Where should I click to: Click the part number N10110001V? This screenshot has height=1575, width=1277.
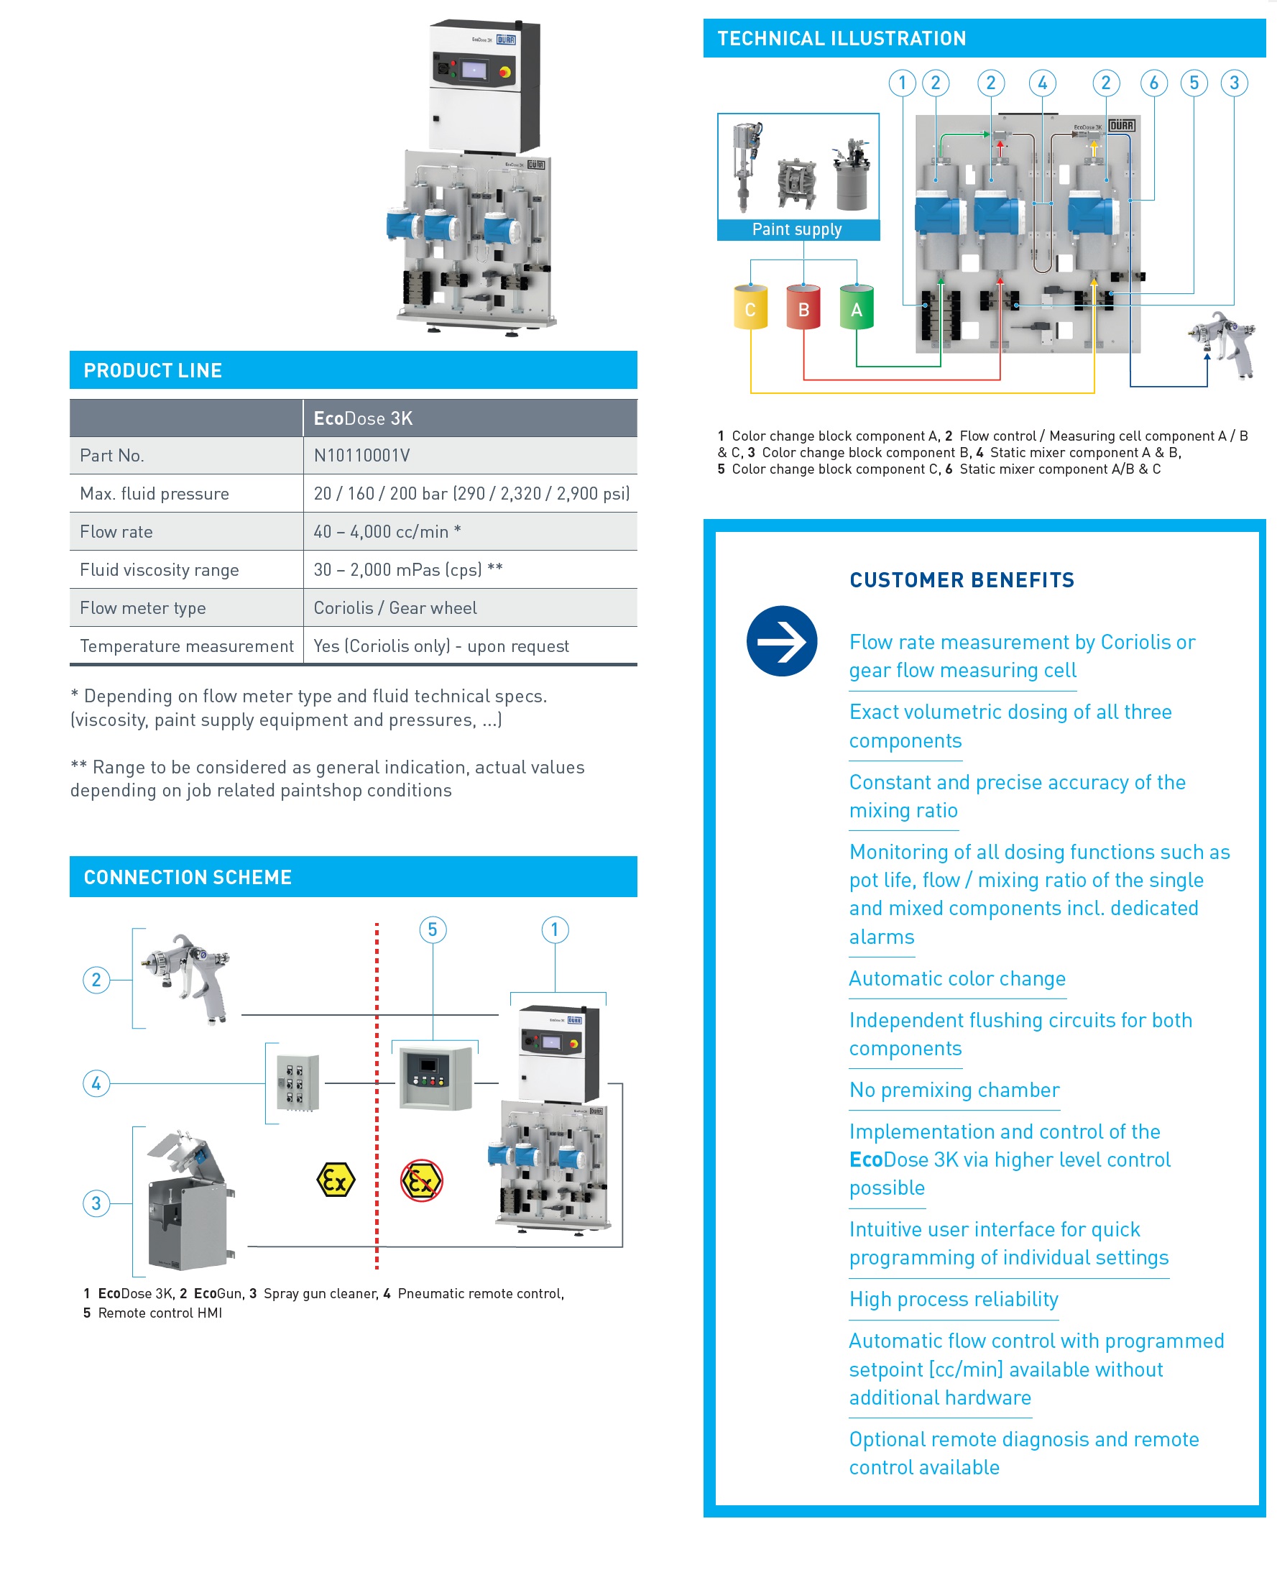(361, 455)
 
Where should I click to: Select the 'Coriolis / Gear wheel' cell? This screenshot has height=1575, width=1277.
(395, 607)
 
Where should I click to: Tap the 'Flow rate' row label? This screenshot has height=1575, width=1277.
(116, 532)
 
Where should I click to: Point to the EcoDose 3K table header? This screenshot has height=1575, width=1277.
(363, 418)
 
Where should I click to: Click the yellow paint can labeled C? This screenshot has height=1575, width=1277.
(750, 307)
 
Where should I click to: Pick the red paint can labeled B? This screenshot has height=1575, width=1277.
(803, 307)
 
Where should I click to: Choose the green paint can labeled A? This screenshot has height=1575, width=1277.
(856, 307)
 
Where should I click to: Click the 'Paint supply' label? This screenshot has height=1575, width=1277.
(797, 229)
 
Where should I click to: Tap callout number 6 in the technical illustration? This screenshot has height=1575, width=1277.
(1153, 83)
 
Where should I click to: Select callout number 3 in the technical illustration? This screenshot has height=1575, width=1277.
(1235, 83)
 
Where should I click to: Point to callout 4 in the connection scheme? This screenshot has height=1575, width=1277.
(96, 1083)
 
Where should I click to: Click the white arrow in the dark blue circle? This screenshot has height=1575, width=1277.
(782, 641)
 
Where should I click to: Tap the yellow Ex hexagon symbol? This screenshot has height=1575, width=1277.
(336, 1180)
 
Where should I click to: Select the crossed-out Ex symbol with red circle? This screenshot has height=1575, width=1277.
(422, 1180)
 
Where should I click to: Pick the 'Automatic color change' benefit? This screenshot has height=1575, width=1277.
(957, 978)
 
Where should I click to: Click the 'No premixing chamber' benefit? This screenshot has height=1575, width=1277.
(954, 1090)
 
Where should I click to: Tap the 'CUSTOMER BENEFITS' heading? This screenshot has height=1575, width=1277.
(962, 580)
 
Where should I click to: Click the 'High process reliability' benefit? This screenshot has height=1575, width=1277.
(954, 1299)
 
